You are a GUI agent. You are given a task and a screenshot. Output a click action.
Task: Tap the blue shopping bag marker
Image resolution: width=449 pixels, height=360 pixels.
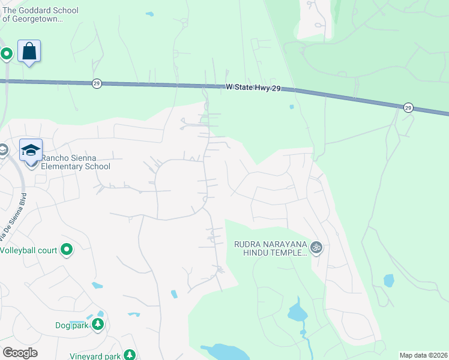pos(29,52)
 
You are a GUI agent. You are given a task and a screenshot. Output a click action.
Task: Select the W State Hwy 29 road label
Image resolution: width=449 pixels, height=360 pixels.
pos(253,88)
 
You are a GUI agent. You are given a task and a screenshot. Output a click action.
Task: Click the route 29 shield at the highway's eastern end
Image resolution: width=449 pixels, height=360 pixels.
pos(408,107)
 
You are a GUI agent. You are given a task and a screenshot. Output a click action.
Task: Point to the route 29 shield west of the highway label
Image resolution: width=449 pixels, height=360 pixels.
pos(97,83)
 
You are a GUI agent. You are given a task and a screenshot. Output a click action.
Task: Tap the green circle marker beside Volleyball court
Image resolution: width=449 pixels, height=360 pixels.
pos(67,249)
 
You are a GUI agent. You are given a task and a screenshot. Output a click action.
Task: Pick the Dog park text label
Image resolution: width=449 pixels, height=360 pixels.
pos(71,325)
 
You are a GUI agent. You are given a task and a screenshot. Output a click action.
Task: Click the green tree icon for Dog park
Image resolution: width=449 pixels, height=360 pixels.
pos(97,325)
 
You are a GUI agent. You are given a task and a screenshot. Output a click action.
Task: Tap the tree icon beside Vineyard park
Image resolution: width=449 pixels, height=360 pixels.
pos(129,355)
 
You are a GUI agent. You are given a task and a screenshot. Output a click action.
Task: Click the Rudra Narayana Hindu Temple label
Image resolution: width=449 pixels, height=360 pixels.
pos(271,248)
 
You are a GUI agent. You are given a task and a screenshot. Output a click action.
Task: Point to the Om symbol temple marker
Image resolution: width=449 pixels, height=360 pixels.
pos(317,247)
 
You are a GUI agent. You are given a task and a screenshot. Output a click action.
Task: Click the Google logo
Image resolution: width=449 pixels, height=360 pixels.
pos(20,353)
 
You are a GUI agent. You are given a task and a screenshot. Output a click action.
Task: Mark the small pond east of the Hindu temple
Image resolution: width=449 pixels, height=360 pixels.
pos(388,280)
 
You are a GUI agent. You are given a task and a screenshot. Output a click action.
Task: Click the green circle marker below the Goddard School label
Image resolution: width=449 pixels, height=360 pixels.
pos(7,54)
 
